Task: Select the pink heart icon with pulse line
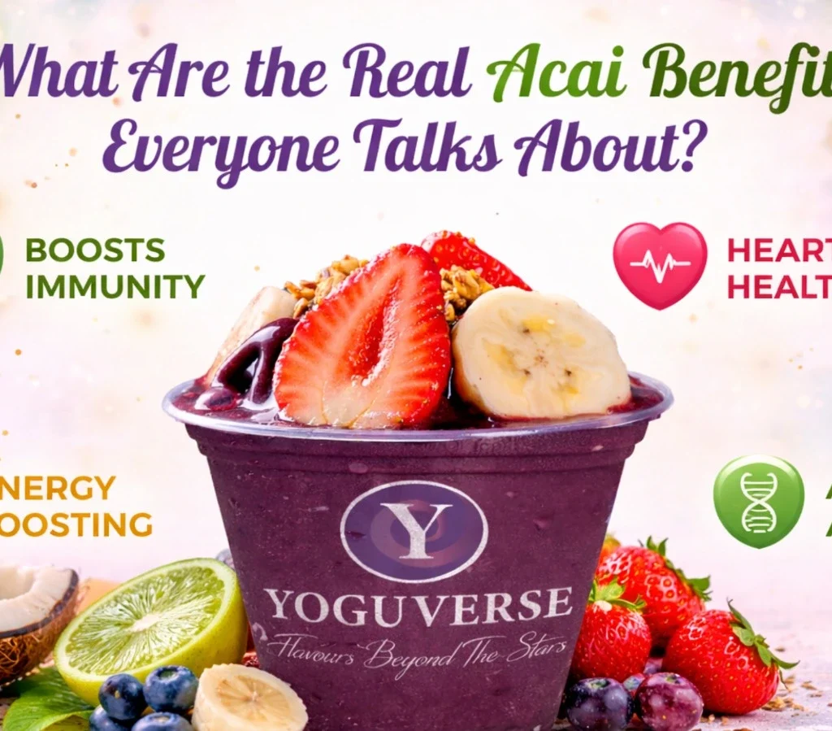click(660, 265)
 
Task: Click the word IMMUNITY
click(115, 287)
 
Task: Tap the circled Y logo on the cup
click(414, 531)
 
